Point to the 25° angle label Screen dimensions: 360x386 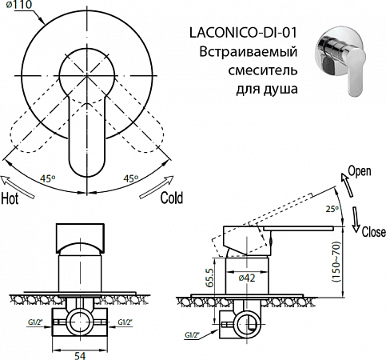(x=332, y=209)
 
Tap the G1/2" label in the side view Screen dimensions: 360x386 (x=190, y=336)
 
